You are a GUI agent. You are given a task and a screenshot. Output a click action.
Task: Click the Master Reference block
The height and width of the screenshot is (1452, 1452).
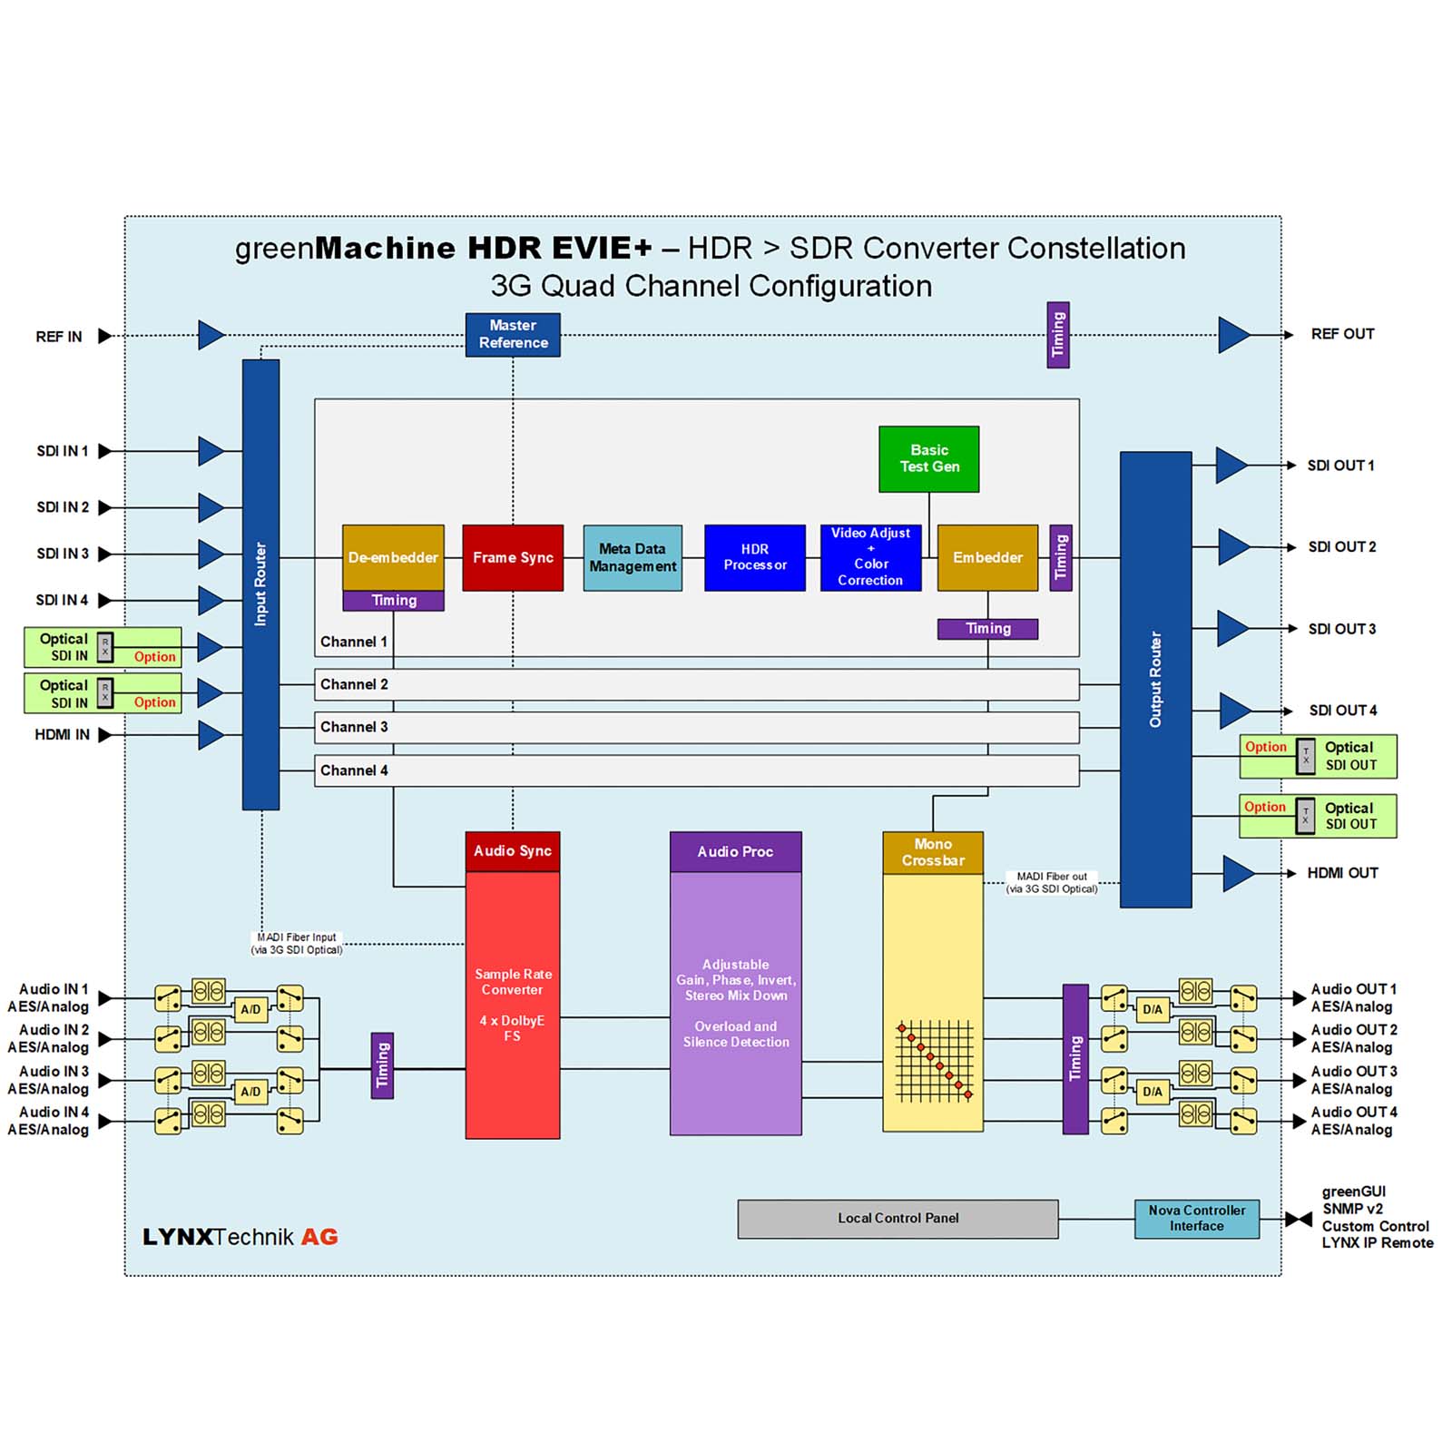click(x=513, y=335)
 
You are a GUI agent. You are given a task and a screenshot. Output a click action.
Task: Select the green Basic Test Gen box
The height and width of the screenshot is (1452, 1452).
click(x=928, y=459)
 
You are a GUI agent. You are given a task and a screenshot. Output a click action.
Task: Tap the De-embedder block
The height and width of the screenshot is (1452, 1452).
click(x=393, y=557)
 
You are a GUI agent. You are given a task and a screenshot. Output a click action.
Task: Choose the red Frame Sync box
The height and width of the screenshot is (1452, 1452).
click(x=513, y=558)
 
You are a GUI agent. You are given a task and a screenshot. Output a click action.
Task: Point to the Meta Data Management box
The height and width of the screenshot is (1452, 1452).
click(x=633, y=558)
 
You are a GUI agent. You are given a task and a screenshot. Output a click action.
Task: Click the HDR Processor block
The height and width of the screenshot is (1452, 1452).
click(x=754, y=558)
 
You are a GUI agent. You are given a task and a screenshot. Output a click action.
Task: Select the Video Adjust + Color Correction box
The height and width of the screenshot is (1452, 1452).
click(x=870, y=558)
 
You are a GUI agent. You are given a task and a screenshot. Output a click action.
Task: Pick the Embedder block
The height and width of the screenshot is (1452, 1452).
click(x=987, y=558)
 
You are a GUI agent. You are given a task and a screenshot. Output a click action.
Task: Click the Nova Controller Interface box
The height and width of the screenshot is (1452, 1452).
click(x=1196, y=1219)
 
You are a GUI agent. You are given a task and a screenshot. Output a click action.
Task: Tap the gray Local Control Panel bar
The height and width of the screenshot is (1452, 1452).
click(x=898, y=1219)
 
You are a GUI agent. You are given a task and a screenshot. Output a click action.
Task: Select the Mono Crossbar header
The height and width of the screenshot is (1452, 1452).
click(x=933, y=853)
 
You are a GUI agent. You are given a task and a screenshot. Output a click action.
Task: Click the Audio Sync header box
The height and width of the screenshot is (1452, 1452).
click(x=513, y=851)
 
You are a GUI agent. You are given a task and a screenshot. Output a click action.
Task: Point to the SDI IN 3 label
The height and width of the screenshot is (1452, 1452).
click(x=63, y=554)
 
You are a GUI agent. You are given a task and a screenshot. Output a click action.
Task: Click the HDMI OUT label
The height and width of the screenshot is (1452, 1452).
click(x=1342, y=873)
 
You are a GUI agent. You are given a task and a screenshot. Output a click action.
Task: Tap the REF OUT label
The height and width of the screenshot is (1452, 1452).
click(x=1342, y=334)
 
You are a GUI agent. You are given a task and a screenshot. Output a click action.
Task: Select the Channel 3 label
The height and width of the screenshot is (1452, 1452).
click(x=354, y=727)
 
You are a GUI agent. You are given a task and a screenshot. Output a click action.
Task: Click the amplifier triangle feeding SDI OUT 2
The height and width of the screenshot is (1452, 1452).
click(x=1231, y=547)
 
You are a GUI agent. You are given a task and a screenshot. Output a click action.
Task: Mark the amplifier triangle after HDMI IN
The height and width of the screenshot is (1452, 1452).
click(x=210, y=735)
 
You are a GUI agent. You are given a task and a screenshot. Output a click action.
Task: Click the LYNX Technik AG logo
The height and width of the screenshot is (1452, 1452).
click(x=240, y=1237)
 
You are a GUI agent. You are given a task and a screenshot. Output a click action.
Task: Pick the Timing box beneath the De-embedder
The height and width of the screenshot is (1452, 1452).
click(x=394, y=601)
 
